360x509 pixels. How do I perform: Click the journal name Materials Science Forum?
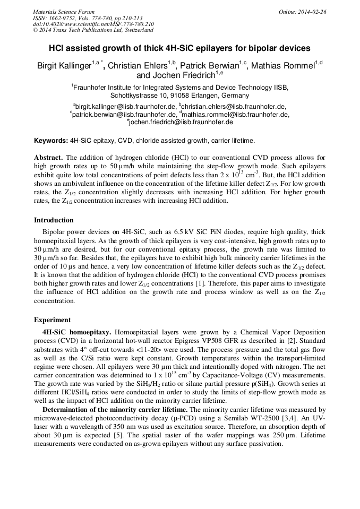point(64,12)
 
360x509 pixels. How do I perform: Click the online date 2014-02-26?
point(313,12)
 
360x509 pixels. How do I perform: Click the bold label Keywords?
point(51,141)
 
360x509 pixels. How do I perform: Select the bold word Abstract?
point(49,158)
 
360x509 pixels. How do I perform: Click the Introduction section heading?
point(54,220)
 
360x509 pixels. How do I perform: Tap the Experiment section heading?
point(52,320)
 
